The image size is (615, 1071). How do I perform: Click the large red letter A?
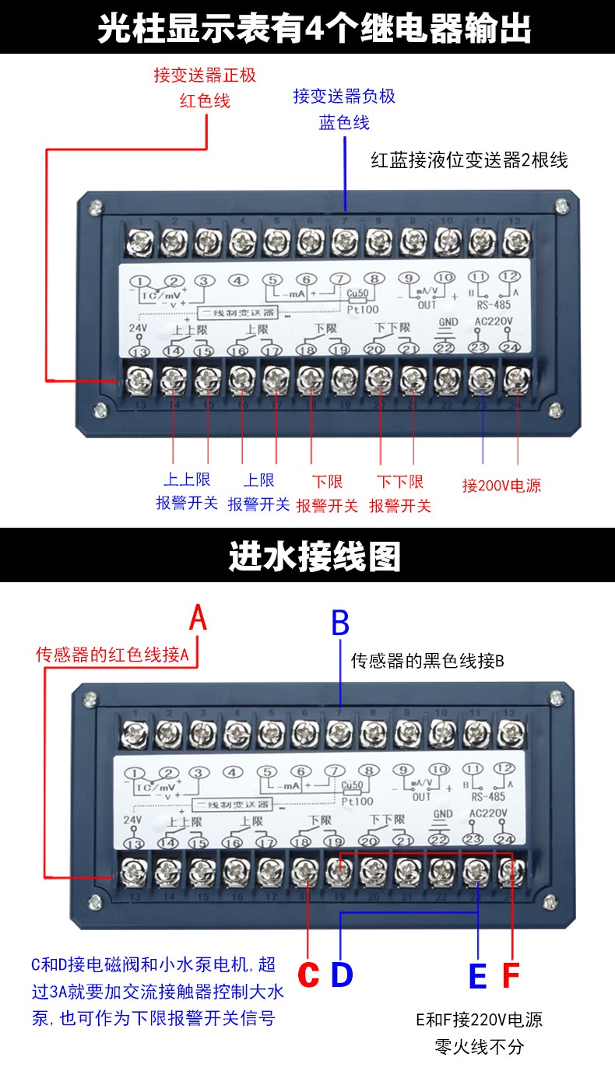point(199,619)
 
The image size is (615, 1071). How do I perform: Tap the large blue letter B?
point(340,623)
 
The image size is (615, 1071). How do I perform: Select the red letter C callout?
point(309,974)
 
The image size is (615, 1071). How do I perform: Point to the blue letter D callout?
point(342,974)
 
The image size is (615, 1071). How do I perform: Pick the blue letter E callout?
point(477,976)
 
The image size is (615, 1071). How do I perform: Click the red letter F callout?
point(511,976)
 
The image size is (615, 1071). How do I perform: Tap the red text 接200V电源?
point(501,486)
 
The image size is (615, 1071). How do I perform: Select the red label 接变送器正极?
point(205,75)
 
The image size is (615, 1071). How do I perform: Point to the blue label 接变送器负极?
point(344,96)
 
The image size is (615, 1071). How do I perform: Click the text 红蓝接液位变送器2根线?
point(469,161)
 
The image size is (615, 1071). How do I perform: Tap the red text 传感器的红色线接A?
point(113,655)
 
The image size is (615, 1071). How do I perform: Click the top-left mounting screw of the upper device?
point(96,207)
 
